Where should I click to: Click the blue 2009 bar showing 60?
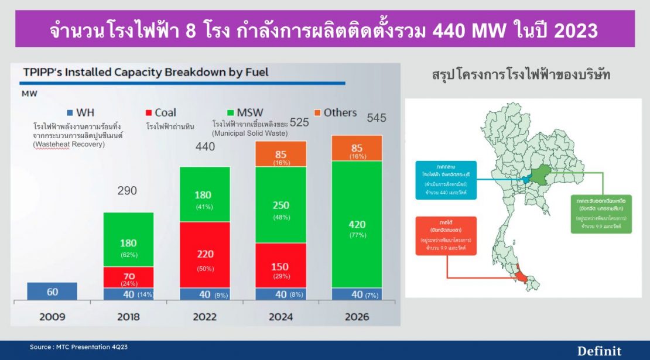[52, 291]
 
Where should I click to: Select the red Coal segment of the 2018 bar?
[128, 277]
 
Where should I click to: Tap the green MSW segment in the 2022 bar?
[204, 194]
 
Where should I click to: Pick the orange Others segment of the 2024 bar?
[280, 155]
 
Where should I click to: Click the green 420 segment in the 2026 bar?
[357, 224]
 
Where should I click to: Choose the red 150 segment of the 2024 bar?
[280, 265]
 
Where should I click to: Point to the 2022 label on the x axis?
[204, 317]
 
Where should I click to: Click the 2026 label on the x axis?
[357, 317]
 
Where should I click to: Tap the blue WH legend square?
[70, 112]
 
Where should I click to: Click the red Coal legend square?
[149, 112]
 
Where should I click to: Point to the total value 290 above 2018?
[127, 191]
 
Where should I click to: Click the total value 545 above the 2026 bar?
[377, 118]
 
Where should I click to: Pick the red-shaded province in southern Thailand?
[519, 274]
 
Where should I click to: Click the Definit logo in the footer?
[600, 351]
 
